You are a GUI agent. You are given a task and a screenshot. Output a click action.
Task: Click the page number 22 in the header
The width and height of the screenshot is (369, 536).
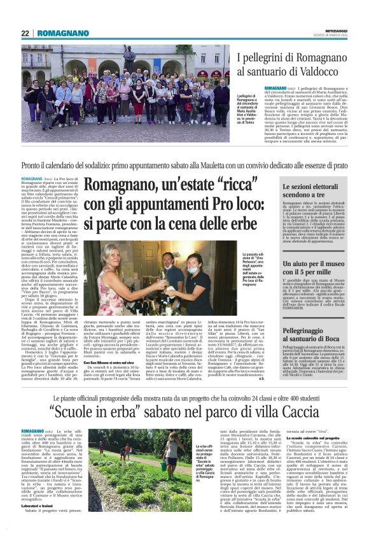coord(25,33)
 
